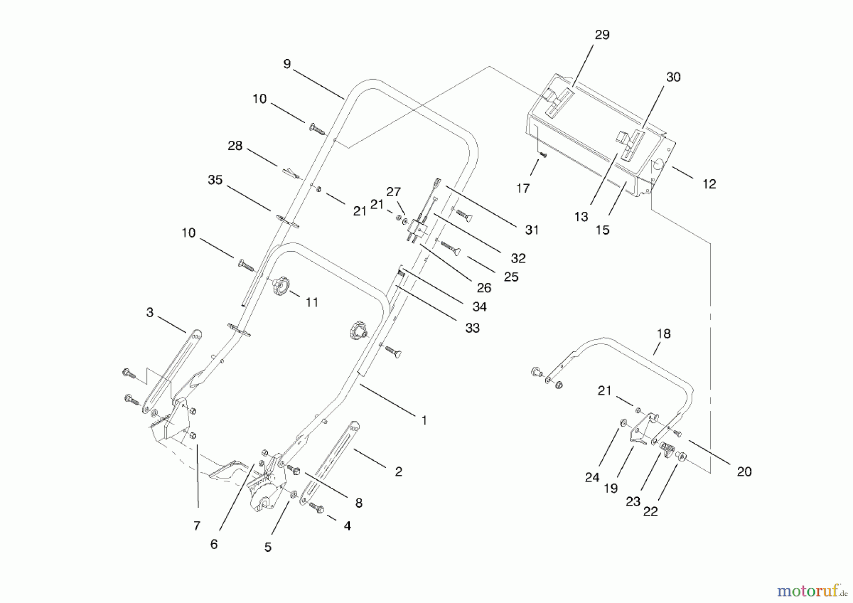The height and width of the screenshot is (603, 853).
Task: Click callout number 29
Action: pos(602,35)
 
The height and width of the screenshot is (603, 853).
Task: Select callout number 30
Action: pos(673,77)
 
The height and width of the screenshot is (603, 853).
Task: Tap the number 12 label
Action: pos(709,184)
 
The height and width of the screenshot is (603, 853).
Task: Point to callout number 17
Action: pos(523,189)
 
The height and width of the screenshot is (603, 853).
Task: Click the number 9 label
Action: pos(287,64)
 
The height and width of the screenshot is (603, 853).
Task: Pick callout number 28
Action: pos(235,146)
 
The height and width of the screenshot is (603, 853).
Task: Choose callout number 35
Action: pos(215,180)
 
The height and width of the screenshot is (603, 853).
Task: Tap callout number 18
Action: pos(663,334)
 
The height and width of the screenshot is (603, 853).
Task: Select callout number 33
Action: pos(472,328)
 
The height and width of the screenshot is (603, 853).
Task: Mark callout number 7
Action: pos(197,525)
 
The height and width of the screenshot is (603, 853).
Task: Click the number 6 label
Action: pos(214,544)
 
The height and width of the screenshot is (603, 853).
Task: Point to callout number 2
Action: pos(399,471)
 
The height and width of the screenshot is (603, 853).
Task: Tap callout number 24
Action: pos(592,477)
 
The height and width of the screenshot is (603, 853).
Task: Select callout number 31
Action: pos(532,230)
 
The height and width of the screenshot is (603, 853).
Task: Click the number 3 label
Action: pos(150,312)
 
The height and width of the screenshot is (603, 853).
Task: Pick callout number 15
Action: pos(602,230)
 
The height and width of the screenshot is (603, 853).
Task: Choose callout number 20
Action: pos(744,471)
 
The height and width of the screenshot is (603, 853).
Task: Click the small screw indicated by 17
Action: pos(544,155)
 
